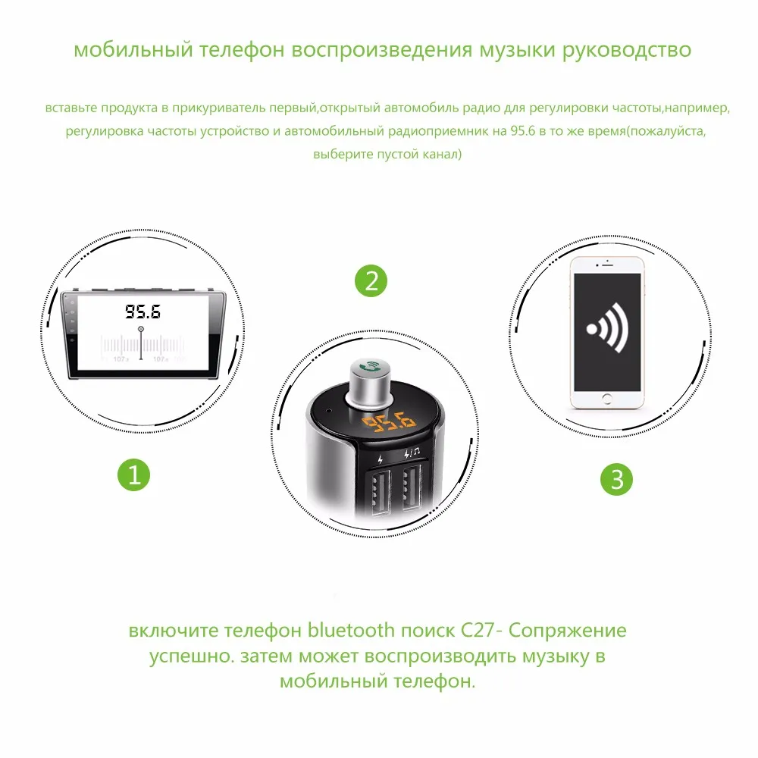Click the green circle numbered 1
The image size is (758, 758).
click(134, 475)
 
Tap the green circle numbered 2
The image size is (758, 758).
click(371, 281)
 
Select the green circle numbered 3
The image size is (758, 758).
click(616, 479)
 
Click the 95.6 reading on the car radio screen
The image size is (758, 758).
click(143, 312)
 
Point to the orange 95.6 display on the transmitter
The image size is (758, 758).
click(389, 421)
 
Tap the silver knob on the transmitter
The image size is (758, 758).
click(371, 381)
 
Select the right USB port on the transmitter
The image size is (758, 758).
click(412, 487)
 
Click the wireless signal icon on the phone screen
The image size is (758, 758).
click(608, 327)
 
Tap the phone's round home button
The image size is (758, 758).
click(607, 399)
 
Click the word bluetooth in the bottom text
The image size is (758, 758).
click(352, 630)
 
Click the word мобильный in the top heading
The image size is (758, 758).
click(133, 49)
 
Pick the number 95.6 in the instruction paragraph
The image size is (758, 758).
click(523, 131)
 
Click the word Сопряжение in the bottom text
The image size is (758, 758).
click(568, 631)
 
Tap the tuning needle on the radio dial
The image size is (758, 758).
click(141, 343)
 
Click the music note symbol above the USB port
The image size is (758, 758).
click(416, 452)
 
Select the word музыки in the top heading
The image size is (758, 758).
click(517, 50)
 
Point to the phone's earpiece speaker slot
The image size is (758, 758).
click(608, 265)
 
